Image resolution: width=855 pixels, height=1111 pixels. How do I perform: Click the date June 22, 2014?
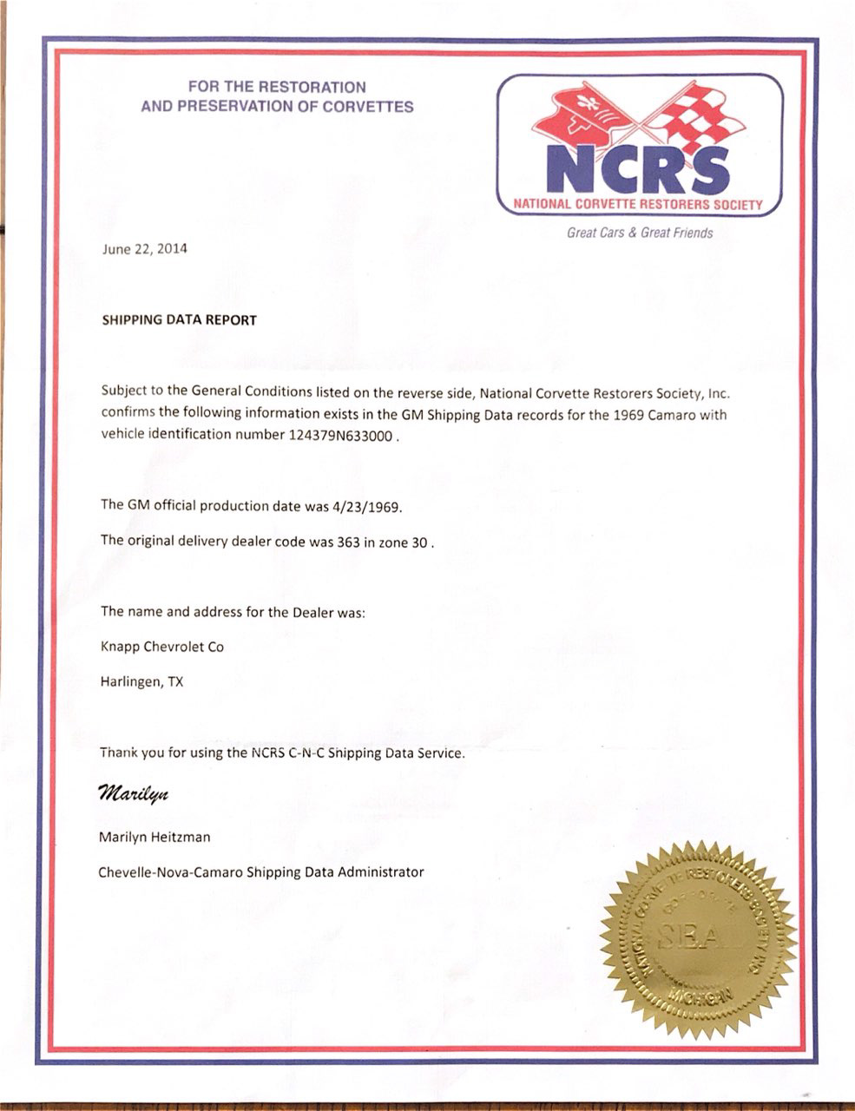point(144,249)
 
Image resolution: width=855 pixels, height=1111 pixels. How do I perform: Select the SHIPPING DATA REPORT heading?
point(180,319)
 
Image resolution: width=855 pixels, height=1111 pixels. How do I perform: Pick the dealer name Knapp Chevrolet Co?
point(162,647)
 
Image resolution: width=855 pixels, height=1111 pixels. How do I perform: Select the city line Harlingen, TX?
point(141,681)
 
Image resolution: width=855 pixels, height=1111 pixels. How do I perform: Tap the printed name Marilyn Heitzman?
point(155,838)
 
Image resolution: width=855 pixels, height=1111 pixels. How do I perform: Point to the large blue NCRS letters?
point(639,168)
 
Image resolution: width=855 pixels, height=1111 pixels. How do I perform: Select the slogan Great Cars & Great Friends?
point(640,233)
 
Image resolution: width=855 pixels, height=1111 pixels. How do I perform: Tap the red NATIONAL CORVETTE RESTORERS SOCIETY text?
point(639,205)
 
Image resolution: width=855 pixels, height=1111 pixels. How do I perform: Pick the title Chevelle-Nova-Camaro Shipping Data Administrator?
point(261,871)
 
